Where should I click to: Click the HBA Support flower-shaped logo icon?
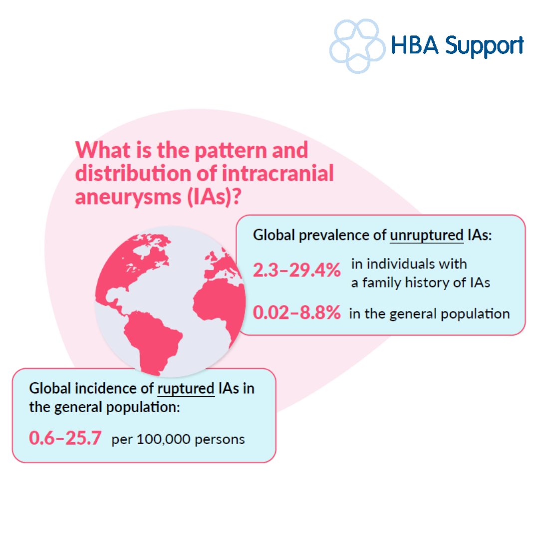pyautogui.click(x=357, y=46)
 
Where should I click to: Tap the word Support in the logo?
pyautogui.click(x=484, y=46)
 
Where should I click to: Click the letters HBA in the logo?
pyautogui.click(x=415, y=45)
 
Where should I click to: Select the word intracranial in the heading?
pyautogui.click(x=278, y=173)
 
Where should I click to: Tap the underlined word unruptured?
pyautogui.click(x=427, y=236)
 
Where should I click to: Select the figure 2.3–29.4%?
pyautogui.click(x=296, y=270)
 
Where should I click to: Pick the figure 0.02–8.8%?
pyautogui.click(x=296, y=312)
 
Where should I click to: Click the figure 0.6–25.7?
pyautogui.click(x=65, y=438)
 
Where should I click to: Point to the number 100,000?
pyautogui.click(x=163, y=439)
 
